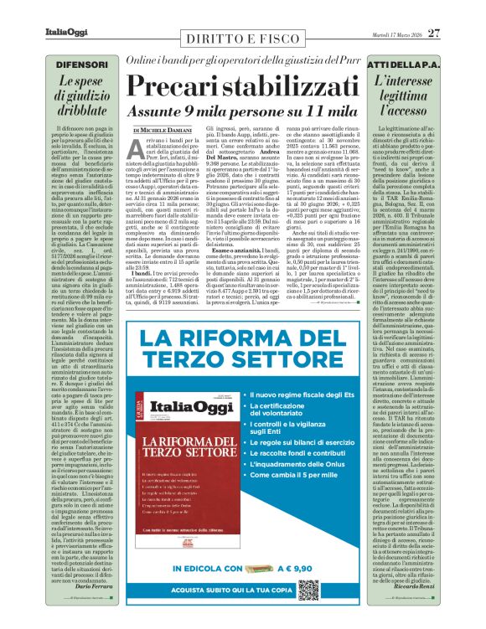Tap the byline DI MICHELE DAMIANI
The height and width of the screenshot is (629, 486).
(x=164, y=129)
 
